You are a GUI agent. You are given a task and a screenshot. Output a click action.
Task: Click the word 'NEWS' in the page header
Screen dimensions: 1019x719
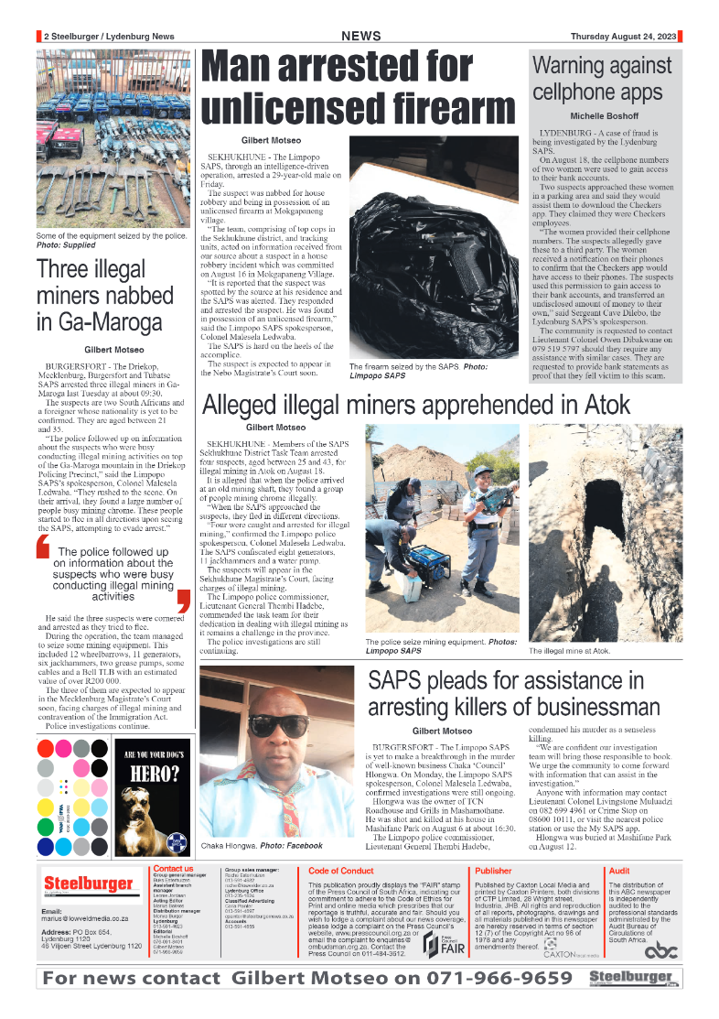point(360,36)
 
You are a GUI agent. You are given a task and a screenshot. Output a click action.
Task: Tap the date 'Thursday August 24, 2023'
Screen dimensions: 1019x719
point(623,36)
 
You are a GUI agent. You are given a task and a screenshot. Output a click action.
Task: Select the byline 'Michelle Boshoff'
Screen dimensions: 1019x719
point(605,117)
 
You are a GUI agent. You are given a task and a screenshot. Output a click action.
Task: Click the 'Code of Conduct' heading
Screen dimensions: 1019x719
point(340,871)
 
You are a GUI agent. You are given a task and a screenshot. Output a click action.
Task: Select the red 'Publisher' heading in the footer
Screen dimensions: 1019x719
point(493,871)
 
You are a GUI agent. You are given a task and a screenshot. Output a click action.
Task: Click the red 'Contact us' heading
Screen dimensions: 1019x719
point(173,868)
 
